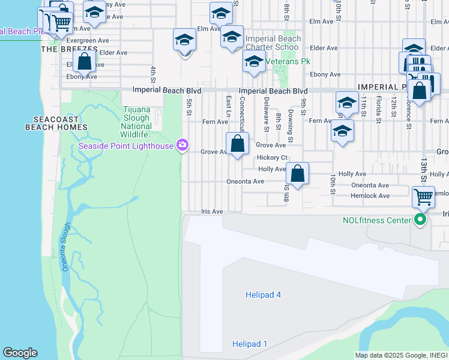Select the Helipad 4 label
coord(263,295)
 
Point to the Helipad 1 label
coord(250,344)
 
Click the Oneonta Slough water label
coord(67,247)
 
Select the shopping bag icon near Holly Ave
coord(297,174)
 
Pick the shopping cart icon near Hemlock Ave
coord(423,196)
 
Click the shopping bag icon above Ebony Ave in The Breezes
coord(85,62)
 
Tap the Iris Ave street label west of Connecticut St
coord(212,212)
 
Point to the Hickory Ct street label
coord(273,157)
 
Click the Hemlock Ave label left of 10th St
coord(370,196)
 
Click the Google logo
coord(20,353)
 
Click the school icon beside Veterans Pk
coord(254,61)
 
